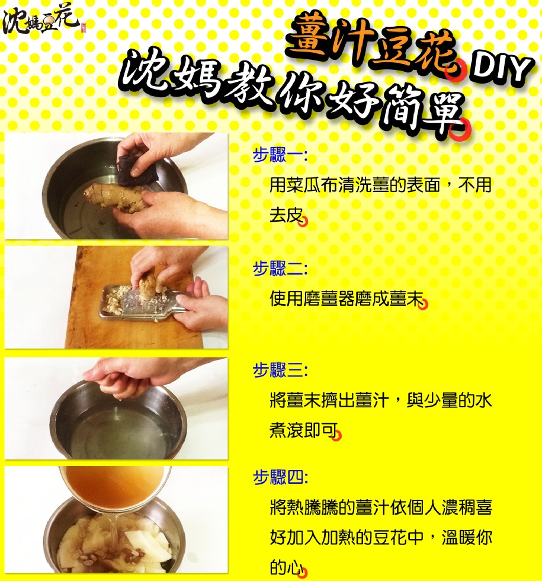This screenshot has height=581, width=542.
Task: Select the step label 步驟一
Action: (x=280, y=155)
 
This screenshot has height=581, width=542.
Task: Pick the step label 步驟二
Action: (x=280, y=268)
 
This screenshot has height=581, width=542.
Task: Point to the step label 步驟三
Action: (x=280, y=370)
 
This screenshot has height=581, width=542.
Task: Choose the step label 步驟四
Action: (x=280, y=477)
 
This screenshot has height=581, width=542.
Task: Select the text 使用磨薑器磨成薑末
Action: (x=347, y=299)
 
